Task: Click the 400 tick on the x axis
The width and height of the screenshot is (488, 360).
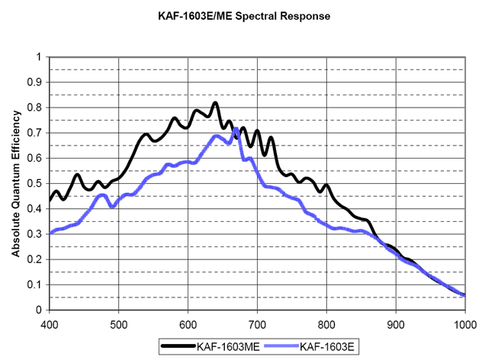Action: tap(49, 323)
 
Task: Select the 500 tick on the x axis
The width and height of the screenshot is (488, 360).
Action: tap(118, 323)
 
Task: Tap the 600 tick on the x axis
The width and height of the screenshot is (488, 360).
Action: tap(188, 323)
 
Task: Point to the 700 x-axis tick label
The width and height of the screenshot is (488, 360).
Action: tap(257, 323)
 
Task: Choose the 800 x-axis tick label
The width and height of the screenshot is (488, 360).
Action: tap(326, 323)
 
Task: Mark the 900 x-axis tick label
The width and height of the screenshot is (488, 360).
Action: tap(396, 323)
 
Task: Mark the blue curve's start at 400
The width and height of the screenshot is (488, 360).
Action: tap(50, 233)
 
